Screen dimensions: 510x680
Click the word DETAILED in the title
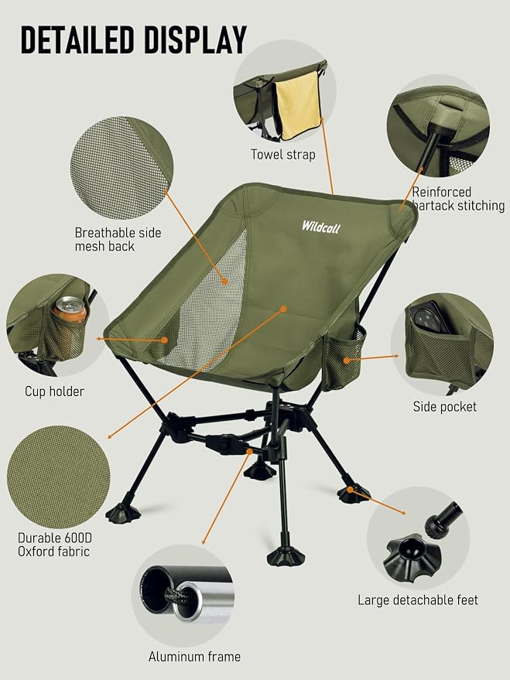[x=77, y=40]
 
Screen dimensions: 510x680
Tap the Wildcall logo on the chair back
[x=321, y=227]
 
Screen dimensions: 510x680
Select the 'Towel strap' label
[x=282, y=155]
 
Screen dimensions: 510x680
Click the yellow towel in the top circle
[x=298, y=105]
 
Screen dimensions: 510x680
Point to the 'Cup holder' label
[x=54, y=391]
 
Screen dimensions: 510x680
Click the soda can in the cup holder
[x=70, y=309]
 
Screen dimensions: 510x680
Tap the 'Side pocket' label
[x=444, y=407]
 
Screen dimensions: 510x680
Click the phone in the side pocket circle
[x=431, y=317]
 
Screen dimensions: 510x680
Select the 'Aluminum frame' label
[x=194, y=657]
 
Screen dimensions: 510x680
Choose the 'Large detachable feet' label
[x=418, y=600]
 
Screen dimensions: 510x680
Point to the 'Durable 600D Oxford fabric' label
[x=55, y=545]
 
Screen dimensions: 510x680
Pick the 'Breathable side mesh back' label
[x=118, y=239]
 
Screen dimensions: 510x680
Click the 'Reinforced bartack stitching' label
[x=458, y=199]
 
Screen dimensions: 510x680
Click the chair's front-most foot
[x=286, y=557]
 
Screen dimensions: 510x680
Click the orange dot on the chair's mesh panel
[x=224, y=282]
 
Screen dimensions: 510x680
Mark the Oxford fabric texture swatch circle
[x=59, y=477]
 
